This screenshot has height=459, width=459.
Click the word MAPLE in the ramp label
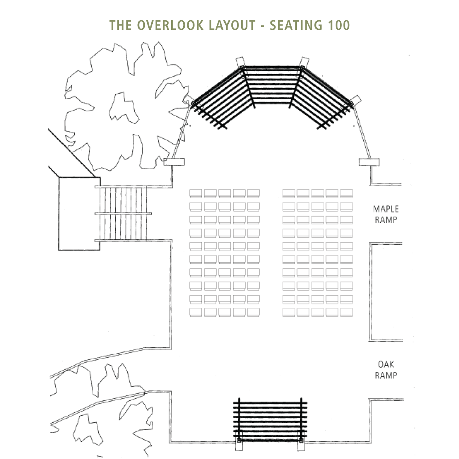pyautogui.click(x=386, y=209)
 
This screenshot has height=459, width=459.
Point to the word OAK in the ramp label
pyautogui.click(x=386, y=364)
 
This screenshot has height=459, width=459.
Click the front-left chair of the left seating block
pyautogui.click(x=196, y=193)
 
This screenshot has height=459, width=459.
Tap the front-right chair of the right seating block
pyautogui.click(x=346, y=193)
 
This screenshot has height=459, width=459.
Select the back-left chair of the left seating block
pyautogui.click(x=196, y=312)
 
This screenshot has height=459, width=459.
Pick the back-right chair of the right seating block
pyautogui.click(x=346, y=312)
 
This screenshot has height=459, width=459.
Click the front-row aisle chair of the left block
pyautogui.click(x=253, y=193)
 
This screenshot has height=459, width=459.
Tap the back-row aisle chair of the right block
pyautogui.click(x=289, y=312)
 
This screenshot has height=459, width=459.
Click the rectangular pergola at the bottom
pyautogui.click(x=270, y=419)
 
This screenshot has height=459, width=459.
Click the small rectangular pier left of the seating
pyautogui.click(x=174, y=162)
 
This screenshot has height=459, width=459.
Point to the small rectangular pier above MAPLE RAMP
pyautogui.click(x=369, y=162)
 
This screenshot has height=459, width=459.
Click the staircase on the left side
pyautogui.click(x=123, y=213)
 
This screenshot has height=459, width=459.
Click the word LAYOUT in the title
pyautogui.click(x=232, y=25)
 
